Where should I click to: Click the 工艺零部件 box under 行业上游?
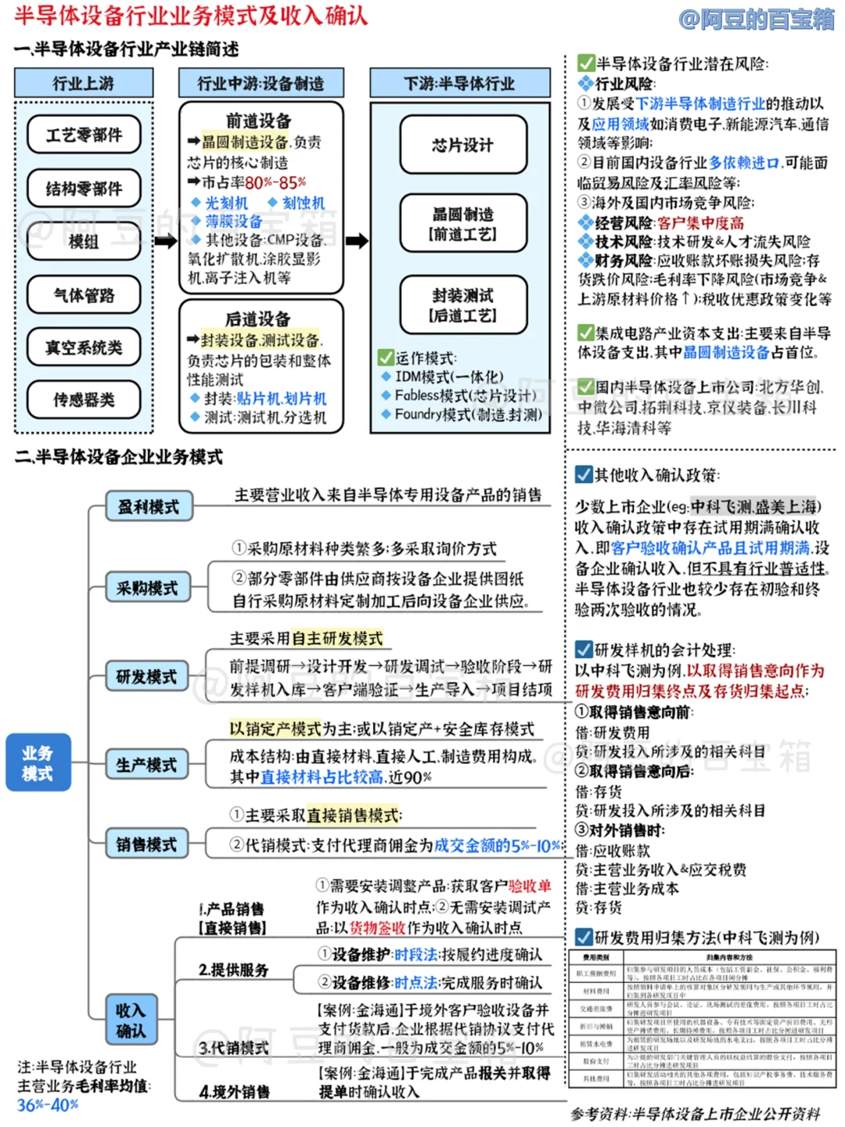click(x=84, y=135)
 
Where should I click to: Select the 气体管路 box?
click(x=84, y=295)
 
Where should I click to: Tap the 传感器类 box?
click(x=84, y=400)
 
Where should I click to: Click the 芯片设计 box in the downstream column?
click(x=462, y=145)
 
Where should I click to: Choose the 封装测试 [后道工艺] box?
click(x=462, y=305)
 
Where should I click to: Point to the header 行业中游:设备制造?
click(x=261, y=84)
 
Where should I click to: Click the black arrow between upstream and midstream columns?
click(x=166, y=240)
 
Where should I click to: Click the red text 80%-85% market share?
click(x=275, y=182)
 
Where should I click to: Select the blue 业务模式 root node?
click(x=38, y=763)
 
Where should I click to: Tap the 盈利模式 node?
click(x=149, y=507)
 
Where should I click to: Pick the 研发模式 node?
click(x=147, y=677)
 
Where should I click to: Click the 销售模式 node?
click(x=147, y=844)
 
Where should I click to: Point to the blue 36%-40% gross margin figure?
click(x=48, y=1105)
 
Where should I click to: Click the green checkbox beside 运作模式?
click(x=386, y=358)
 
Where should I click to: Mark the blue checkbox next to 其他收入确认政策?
click(x=584, y=474)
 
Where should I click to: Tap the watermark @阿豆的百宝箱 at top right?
click(x=757, y=18)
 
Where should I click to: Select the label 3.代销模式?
click(x=233, y=1048)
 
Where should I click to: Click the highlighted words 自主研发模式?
click(x=337, y=639)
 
